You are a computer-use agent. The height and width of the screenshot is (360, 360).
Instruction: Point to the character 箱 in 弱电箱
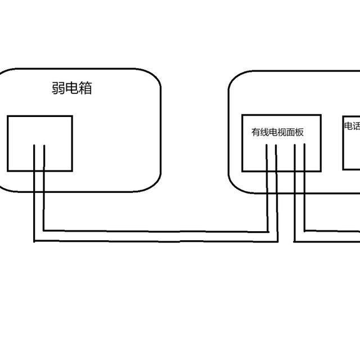84,89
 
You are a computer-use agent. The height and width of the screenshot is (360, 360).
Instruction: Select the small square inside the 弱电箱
39,143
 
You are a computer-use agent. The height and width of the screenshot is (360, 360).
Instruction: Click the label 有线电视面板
277,133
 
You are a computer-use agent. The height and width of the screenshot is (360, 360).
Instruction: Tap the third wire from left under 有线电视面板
295,157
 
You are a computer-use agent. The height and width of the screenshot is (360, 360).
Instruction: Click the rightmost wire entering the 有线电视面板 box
305,157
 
